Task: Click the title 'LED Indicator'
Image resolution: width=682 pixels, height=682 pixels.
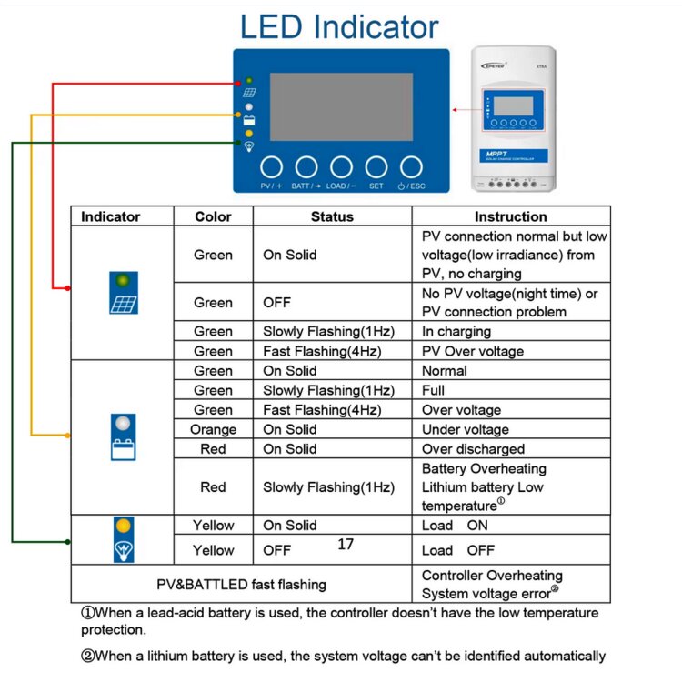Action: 338,27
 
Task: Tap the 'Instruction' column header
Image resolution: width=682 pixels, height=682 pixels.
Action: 510,216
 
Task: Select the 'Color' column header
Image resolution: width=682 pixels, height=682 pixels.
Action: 213,216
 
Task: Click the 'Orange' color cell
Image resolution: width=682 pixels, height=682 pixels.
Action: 213,429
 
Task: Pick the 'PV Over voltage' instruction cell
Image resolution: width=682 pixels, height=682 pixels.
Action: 472,351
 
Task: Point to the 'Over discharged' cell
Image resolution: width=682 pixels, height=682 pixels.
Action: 473,449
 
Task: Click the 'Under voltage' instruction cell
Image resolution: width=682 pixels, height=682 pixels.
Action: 465,429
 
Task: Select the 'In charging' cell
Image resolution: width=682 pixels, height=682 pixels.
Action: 456,331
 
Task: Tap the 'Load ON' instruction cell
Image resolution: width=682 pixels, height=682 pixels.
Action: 455,526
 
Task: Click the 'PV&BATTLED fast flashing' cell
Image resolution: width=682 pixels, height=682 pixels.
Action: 241,584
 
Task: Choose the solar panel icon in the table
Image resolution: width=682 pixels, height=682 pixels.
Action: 123,304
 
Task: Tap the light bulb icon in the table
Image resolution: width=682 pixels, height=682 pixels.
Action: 123,551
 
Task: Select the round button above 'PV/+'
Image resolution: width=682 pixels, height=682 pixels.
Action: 272,166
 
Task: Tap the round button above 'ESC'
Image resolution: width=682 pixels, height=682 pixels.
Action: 411,166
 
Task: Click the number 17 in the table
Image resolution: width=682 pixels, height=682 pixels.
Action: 345,544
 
